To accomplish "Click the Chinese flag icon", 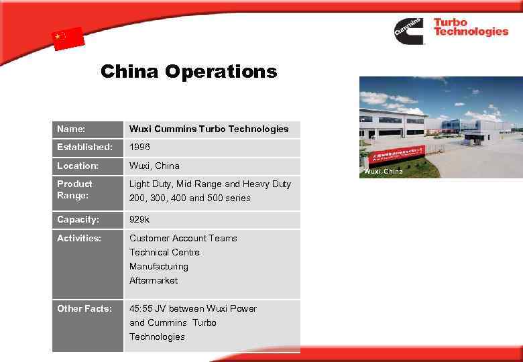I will coord(68,38).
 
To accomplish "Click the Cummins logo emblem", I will coord(409,30).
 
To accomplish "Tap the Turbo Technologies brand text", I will coord(470,27).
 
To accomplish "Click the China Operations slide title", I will coord(188,71).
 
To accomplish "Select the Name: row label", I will coord(70,129).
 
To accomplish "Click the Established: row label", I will coord(84,147).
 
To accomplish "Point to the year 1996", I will coord(140,147).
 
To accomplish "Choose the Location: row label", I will coord(78,166).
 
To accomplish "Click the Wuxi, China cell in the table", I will coord(154,166).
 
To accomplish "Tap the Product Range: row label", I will coord(74,190).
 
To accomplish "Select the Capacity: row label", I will coord(78,219).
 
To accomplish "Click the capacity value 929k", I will coord(139,219).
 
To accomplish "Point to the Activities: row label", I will coord(79,238).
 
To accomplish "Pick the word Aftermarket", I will coord(154,280).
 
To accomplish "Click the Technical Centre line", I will coord(164,252).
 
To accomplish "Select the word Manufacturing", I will coord(158,266).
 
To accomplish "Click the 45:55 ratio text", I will coord(141,308).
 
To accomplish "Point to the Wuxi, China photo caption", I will coord(384,172).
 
